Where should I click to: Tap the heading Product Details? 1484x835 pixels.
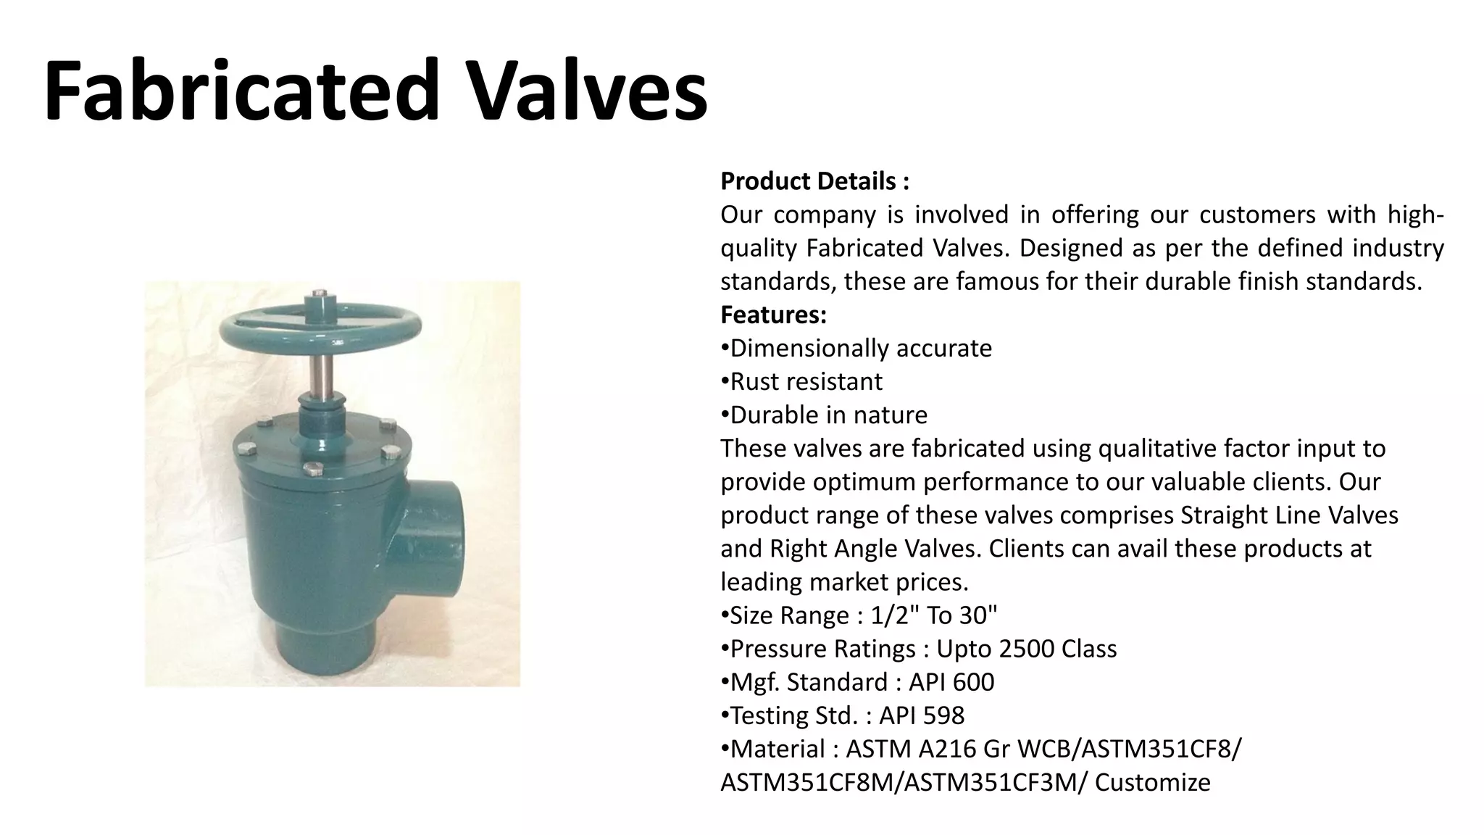pyautogui.click(x=814, y=181)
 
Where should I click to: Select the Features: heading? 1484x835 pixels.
pyautogui.click(x=773, y=315)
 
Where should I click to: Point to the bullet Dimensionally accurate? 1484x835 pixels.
pyautogui.click(x=860, y=349)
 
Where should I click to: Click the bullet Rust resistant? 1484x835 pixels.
pyautogui.click(x=806, y=382)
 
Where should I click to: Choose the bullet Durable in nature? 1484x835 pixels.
pyautogui.click(x=828, y=415)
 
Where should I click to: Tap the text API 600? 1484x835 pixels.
pyautogui.click(x=951, y=682)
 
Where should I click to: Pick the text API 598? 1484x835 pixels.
pyautogui.click(x=922, y=715)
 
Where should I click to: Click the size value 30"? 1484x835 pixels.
pyautogui.click(x=978, y=615)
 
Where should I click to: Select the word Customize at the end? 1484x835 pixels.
pyautogui.click(x=1152, y=783)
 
